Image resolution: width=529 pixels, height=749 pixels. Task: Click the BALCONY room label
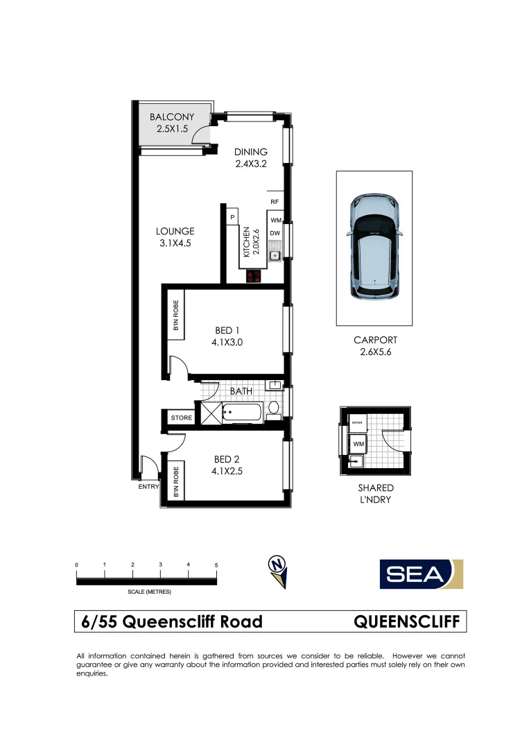[172, 117]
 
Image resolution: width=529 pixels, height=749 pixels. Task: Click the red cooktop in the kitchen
[254, 276]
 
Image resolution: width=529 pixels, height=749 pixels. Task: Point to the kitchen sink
[275, 256]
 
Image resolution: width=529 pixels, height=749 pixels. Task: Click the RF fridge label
[275, 202]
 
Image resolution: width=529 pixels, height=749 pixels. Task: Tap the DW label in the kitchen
[275, 233]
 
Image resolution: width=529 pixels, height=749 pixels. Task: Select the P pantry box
[232, 218]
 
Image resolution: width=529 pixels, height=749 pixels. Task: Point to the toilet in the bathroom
[273, 408]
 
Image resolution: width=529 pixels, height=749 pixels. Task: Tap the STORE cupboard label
[181, 418]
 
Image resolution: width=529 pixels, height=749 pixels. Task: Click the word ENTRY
[148, 487]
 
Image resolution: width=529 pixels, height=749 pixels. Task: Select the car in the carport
[374, 247]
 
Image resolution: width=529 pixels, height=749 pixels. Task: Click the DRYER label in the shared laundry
[358, 422]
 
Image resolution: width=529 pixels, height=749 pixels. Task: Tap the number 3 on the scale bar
[160, 565]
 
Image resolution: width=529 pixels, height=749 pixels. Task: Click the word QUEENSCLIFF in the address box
[406, 621]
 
